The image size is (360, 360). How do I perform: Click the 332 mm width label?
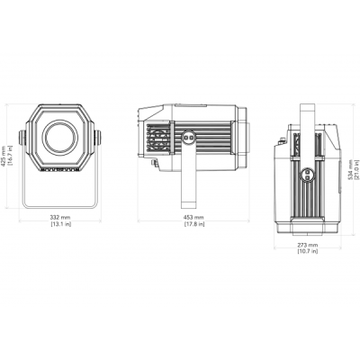[60, 217]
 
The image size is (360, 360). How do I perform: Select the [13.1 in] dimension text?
[60, 224]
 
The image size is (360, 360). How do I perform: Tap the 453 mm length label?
[193, 217]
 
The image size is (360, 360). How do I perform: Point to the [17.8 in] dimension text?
[193, 224]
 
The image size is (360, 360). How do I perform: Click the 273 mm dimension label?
[308, 245]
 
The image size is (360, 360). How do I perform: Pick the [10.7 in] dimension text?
[308, 251]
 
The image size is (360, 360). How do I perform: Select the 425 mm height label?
[4, 156]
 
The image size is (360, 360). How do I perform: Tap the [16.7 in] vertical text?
[10, 156]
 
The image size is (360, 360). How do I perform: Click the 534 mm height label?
[350, 169]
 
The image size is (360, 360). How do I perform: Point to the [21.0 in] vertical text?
[356, 169]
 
